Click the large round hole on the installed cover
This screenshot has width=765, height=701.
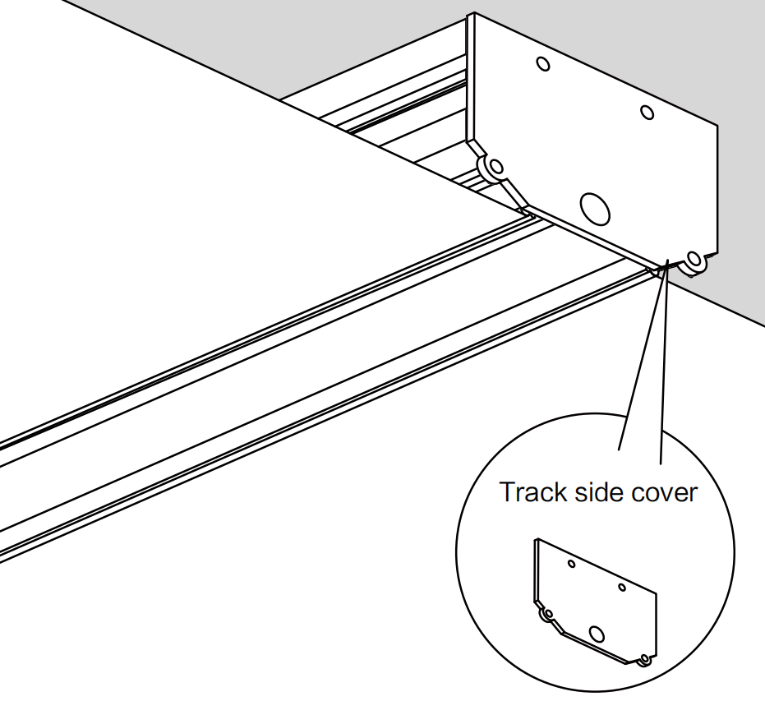pyautogui.click(x=596, y=207)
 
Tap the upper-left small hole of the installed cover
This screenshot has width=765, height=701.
pyautogui.click(x=542, y=64)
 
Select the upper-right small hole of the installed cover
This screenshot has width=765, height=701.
pyautogui.click(x=647, y=112)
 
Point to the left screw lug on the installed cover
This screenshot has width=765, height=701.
pyautogui.click(x=495, y=168)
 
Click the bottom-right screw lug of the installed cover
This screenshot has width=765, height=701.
pyautogui.click(x=694, y=261)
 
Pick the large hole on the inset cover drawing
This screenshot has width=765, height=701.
pyautogui.click(x=597, y=633)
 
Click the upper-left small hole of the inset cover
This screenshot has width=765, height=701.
pyautogui.click(x=571, y=565)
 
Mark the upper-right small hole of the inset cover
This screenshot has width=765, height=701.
pyautogui.click(x=622, y=587)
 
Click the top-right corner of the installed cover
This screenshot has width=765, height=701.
pyautogui.click(x=717, y=126)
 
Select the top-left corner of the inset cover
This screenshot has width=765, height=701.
pyautogui.click(x=537, y=539)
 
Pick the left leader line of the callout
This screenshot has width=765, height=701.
pyautogui.click(x=641, y=362)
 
